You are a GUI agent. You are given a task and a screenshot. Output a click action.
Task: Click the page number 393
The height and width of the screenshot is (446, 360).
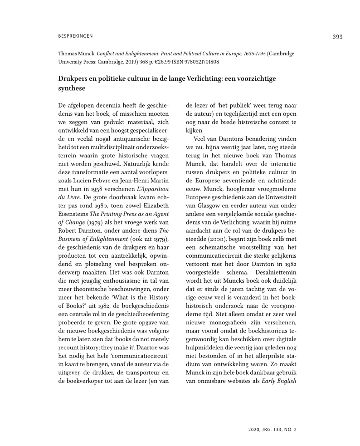click(337, 37)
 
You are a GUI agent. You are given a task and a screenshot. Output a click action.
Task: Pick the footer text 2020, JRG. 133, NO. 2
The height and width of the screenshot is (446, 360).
click(272, 428)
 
